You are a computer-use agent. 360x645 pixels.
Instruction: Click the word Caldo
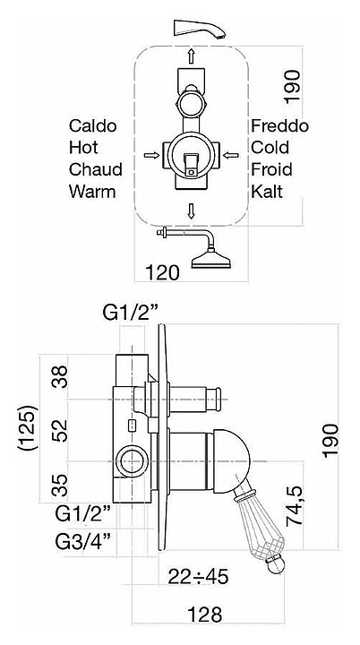pos(92,125)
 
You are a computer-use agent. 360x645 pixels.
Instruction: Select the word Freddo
pos(279,125)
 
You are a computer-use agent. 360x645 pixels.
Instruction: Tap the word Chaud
pos(96,169)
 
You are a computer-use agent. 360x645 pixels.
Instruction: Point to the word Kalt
pos(267,192)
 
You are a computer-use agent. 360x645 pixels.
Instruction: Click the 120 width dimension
pos(162,272)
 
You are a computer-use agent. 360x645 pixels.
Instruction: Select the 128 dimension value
pos(204,615)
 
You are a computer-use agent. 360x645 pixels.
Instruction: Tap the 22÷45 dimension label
pos(198,577)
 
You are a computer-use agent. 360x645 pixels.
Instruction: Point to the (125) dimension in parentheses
pos(28,428)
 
